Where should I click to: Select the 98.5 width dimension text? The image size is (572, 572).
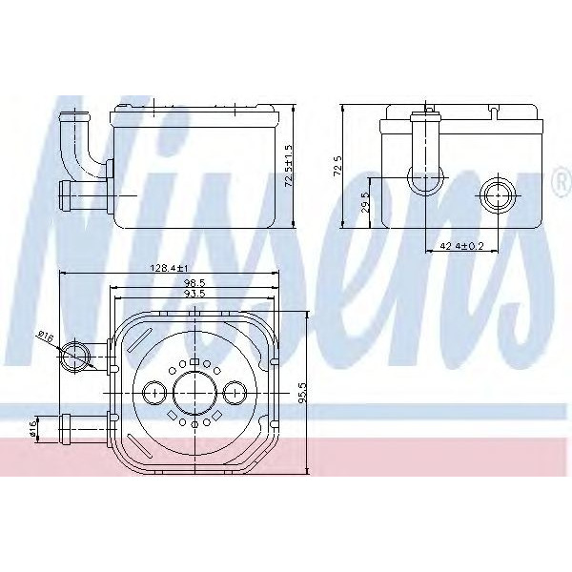pos(194,282)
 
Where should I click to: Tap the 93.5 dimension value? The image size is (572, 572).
pos(194,294)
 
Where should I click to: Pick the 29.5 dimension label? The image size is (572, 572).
pos(366,204)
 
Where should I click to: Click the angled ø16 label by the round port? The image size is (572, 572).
pos(45,336)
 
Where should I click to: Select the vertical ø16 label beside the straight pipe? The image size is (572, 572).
pos(33,428)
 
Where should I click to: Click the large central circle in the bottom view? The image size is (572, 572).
pos(194,392)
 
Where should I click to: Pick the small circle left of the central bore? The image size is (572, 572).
pos(154,392)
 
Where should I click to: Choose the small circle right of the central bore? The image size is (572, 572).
pos(235,392)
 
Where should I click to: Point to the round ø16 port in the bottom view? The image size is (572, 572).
pos(75,357)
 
